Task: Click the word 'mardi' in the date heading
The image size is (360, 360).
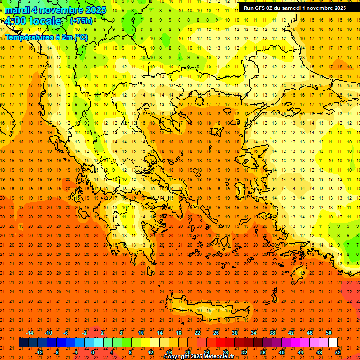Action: tap(17, 10)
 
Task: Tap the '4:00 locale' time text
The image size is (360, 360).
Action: tap(33, 21)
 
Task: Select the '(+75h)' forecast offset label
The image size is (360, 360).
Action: tap(81, 21)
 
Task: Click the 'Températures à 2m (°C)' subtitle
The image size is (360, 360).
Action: tap(46, 37)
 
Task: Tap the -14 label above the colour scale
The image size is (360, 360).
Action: tap(30, 333)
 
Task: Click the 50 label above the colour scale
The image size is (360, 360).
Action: tap(328, 333)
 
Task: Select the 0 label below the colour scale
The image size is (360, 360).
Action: tap(92, 352)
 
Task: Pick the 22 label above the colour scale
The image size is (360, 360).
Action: tap(197, 333)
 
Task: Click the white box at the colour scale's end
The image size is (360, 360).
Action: tap(333, 343)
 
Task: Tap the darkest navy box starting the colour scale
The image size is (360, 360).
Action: tap(23, 343)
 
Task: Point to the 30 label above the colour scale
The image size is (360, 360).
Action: tap(234, 333)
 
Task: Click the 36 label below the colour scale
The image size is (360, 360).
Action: tap(263, 352)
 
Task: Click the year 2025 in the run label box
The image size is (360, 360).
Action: tap(338, 7)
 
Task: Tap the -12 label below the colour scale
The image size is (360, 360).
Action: tap(39, 352)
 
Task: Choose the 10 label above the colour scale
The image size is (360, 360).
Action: tap(141, 333)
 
